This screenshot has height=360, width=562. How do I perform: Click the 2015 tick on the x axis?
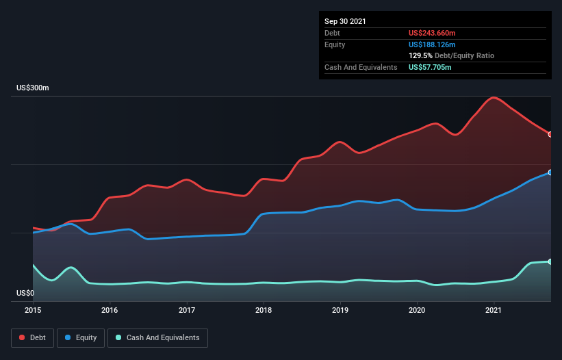click(33, 310)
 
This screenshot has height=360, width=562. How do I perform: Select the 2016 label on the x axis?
click(110, 310)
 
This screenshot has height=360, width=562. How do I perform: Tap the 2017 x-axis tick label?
click(186, 310)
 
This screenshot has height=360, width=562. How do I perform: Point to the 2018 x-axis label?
click(263, 310)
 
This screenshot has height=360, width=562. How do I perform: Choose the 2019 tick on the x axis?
click(340, 310)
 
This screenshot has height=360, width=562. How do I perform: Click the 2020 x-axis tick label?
click(417, 310)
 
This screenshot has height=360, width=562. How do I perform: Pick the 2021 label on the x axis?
click(494, 310)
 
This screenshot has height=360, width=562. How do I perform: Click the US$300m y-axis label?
click(33, 88)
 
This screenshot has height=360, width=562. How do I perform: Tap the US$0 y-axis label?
click(25, 293)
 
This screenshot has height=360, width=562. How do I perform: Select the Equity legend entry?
click(81, 337)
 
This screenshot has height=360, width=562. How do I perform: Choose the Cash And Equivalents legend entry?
click(157, 337)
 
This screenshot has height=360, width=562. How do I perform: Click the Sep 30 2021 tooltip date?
click(345, 21)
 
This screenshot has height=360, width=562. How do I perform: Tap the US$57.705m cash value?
click(430, 67)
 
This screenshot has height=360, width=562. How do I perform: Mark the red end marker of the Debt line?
click(550, 134)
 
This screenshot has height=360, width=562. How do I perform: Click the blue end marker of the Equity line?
click(550, 172)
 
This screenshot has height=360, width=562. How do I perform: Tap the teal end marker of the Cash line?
click(550, 261)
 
